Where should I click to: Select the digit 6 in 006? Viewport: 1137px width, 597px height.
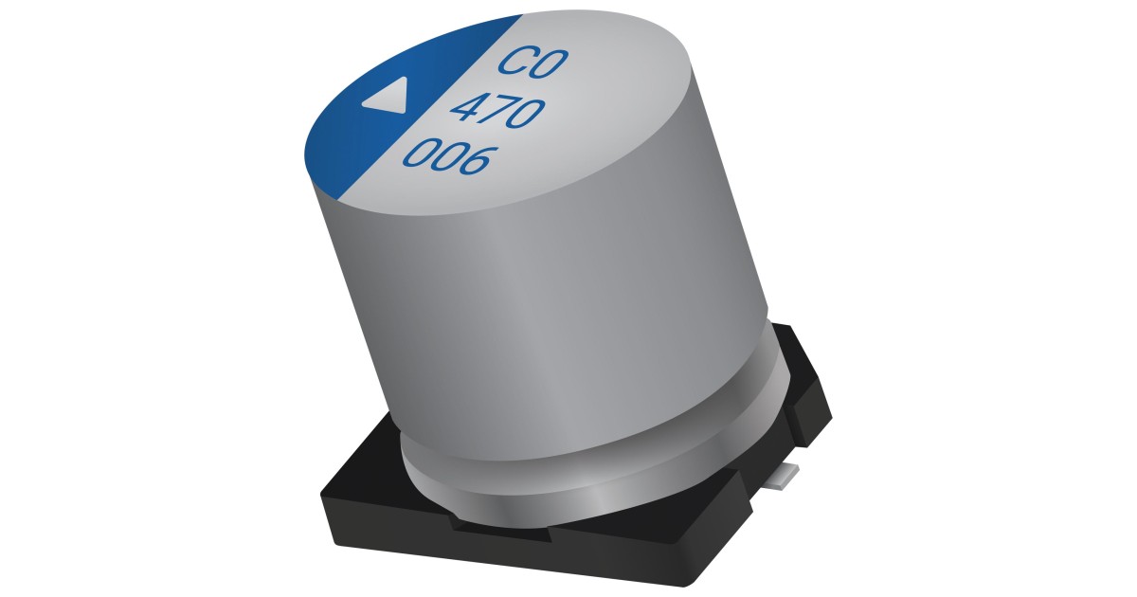click(x=477, y=162)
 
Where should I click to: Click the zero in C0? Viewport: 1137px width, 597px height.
click(x=550, y=65)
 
